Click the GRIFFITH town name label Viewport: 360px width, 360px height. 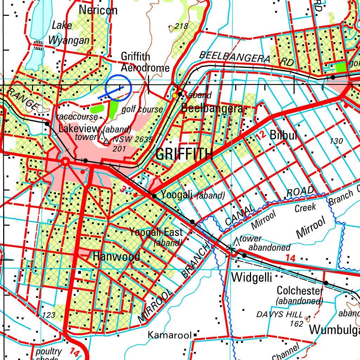[x=184, y=154]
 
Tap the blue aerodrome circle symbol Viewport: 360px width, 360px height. [x=118, y=88]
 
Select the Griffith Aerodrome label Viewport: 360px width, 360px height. [x=145, y=62]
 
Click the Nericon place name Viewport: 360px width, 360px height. [x=98, y=10]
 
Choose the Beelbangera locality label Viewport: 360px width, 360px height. [x=212, y=109]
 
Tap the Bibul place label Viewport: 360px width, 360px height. [x=284, y=135]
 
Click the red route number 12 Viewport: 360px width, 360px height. [x=261, y=135]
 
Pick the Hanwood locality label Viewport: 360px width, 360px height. [x=116, y=257]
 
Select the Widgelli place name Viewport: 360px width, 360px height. [x=252, y=278]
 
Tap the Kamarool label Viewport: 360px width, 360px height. [x=169, y=335]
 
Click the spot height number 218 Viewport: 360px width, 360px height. [x=181, y=26]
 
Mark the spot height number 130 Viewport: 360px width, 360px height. [x=336, y=141]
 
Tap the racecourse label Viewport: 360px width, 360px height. [x=77, y=116]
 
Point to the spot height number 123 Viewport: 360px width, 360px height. [x=49, y=315]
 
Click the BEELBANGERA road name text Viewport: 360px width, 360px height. [x=234, y=57]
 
